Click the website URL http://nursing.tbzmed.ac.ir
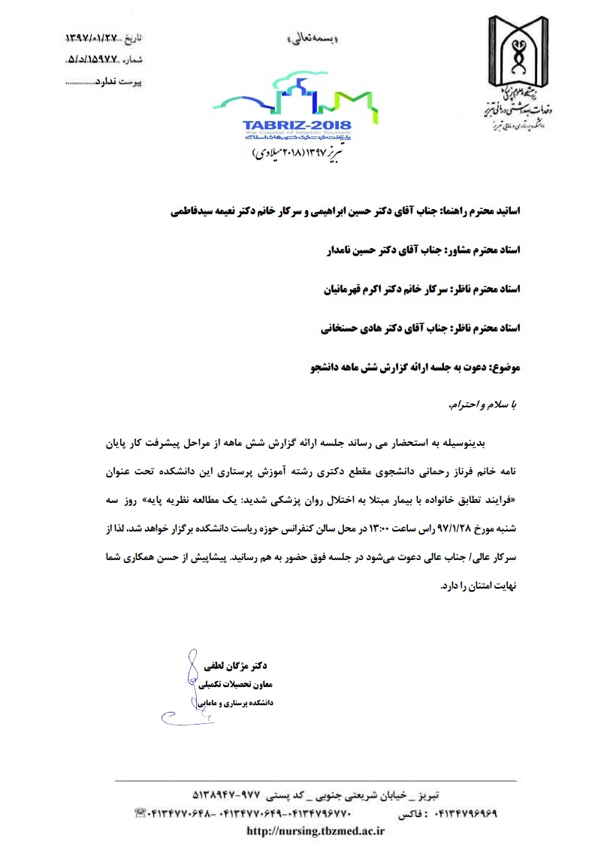[x=316, y=830]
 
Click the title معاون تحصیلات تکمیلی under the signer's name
[x=240, y=685]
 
